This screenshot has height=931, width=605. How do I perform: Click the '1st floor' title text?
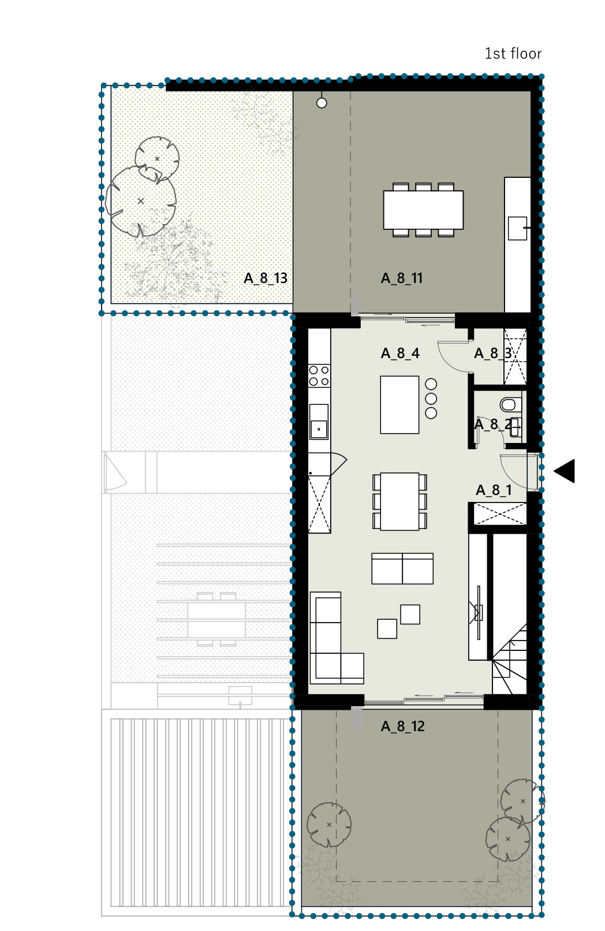pos(513,54)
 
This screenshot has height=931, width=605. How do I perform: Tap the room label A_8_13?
pos(266,278)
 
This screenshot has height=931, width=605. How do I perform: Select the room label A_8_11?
pos(402,278)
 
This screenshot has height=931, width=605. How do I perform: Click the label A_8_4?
pos(400,353)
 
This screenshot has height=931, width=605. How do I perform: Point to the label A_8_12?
pos(402,726)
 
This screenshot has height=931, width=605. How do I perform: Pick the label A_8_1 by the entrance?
pos(494,490)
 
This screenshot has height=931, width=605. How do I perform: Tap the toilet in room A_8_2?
pos(510,404)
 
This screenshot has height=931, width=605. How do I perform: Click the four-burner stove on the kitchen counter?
pos(319,376)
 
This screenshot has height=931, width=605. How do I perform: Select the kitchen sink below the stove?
pos(319,422)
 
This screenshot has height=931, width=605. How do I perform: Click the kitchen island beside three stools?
pos(399,405)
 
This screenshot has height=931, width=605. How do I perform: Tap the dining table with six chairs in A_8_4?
pos(399,501)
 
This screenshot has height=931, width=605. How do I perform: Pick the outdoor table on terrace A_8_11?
pos(423,210)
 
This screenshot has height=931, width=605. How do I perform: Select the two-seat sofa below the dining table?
pos(402,568)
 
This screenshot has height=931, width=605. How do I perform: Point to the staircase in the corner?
pos(509,660)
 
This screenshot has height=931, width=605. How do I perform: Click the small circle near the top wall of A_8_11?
pos(322,103)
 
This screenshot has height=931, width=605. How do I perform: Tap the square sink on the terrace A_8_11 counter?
pos(518,228)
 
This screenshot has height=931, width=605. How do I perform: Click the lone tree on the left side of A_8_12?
pos(329,825)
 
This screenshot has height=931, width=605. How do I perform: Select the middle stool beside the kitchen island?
pos(431,399)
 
